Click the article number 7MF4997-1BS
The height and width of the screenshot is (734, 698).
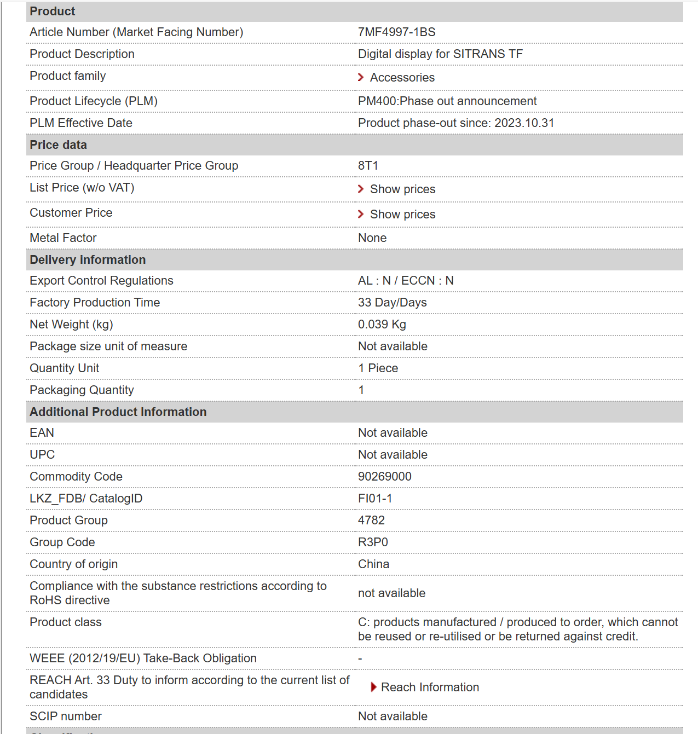396,32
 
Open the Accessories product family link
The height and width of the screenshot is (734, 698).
402,78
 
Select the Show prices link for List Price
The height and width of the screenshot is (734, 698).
402,189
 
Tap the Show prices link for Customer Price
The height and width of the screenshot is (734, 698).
402,215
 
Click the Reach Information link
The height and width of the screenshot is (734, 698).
430,687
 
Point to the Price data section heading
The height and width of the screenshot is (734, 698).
59,145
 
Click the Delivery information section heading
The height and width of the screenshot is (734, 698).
88,260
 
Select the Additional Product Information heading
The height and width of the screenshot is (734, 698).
118,412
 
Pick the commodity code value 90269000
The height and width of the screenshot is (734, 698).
384,477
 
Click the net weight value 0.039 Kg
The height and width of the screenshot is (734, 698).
382,325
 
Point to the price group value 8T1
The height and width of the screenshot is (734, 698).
368,166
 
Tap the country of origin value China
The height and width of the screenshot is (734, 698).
373,564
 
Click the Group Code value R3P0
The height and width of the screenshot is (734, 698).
373,542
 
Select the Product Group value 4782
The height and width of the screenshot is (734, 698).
371,521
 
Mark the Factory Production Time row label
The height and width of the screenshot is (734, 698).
95,303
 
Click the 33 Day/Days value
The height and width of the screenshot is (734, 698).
392,303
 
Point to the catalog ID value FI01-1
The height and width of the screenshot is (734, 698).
374,499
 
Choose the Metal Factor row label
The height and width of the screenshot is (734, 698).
63,238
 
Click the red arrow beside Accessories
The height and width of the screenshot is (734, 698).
361,77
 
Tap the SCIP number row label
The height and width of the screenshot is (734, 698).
66,716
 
